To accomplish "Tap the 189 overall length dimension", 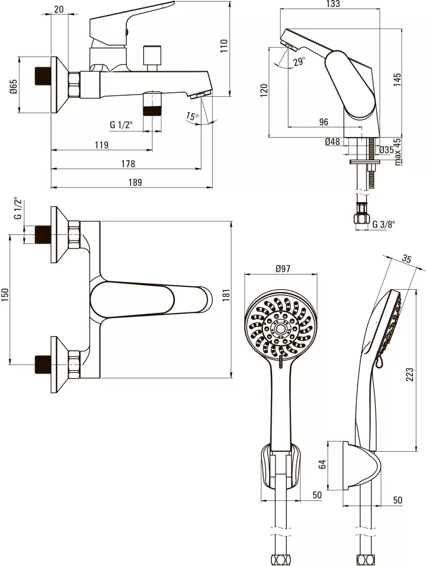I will pyautogui.click(x=135, y=182).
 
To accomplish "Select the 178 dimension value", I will pyautogui.click(x=128, y=164).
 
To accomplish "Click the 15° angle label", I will pyautogui.click(x=192, y=117).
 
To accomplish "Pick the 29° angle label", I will pyautogui.click(x=299, y=61).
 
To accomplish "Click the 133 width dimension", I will pyautogui.click(x=333, y=5).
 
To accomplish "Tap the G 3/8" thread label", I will pyautogui.click(x=384, y=225).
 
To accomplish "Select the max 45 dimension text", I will pyautogui.click(x=397, y=151).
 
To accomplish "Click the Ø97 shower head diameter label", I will pyautogui.click(x=282, y=269).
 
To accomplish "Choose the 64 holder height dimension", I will pyautogui.click(x=323, y=465).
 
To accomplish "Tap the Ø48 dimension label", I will pyautogui.click(x=333, y=142).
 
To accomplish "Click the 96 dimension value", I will pyautogui.click(x=324, y=122).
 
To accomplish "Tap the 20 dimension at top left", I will pyautogui.click(x=59, y=8).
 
